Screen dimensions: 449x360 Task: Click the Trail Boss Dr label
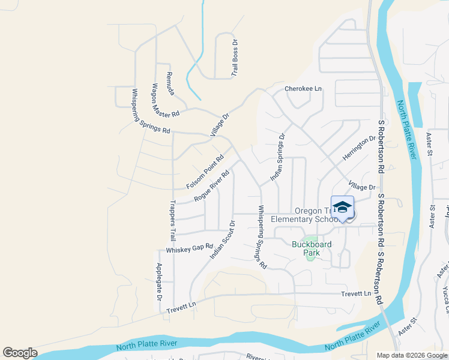(235, 58)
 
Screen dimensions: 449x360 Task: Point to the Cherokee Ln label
(303, 88)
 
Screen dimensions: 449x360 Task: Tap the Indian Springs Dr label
(276, 158)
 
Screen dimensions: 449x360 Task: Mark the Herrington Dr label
(359, 148)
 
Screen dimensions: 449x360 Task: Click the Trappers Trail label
(173, 221)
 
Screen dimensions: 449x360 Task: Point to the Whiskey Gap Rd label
(190, 248)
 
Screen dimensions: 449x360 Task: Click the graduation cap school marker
(342, 207)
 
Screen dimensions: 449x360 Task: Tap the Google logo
(20, 353)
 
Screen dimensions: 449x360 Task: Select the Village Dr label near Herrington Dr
(362, 187)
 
